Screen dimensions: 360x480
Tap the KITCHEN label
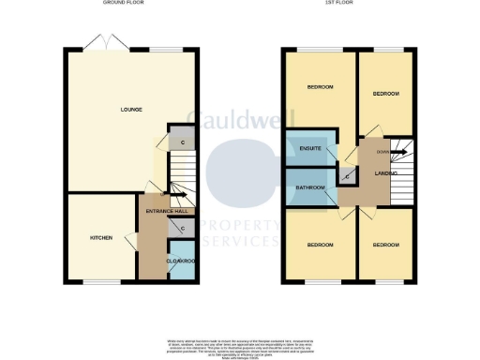pos(101,238)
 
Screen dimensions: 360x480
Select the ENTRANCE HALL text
pos(167,211)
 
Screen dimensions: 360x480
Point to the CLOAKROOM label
pos(180,261)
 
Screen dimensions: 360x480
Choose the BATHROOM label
pos(310,187)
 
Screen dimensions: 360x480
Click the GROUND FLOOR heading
pos(122,4)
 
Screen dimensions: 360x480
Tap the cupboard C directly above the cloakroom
pos(181,227)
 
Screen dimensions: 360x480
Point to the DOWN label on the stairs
pos(382,151)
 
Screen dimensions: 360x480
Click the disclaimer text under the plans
pos(240,344)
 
